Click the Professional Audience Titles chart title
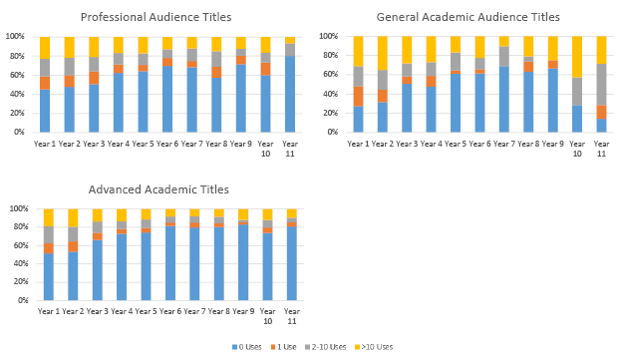155,17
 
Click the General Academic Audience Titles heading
467,17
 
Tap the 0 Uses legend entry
248,346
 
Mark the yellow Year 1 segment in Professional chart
44,47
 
